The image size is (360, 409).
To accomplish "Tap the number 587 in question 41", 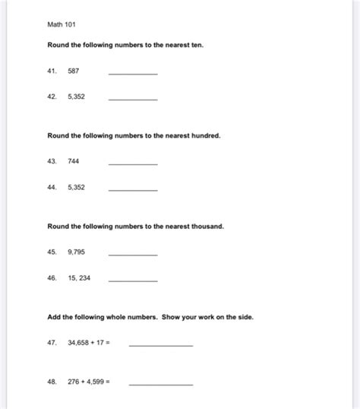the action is tap(73, 71).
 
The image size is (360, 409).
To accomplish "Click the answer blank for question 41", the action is tap(133, 73).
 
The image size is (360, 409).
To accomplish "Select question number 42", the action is tap(52, 97).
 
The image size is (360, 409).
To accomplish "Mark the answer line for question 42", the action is tap(133, 100).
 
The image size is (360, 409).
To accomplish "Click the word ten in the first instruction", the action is tap(197, 45).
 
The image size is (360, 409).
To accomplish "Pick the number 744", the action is tap(73, 161).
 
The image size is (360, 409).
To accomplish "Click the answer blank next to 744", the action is tap(133, 163).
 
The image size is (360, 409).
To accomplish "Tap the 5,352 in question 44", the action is tap(76, 188).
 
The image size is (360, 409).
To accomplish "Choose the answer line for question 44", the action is tap(133, 190).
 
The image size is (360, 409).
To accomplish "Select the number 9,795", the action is tap(76, 252).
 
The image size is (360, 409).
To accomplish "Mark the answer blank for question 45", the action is tap(133, 254).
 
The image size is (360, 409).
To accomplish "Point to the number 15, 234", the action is tap(79, 278).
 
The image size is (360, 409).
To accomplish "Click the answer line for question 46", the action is tap(133, 281).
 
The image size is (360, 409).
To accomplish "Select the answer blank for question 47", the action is tap(160, 345).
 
